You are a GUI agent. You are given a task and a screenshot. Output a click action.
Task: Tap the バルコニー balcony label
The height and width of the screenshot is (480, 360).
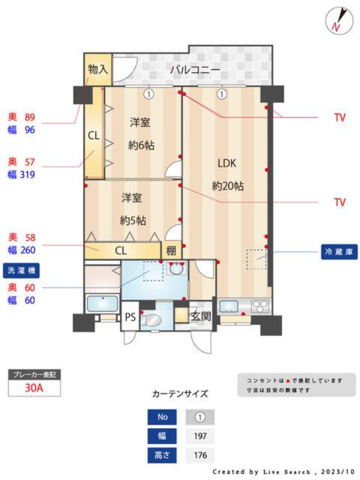click(194, 70)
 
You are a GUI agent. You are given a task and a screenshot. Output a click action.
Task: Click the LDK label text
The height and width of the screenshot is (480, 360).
click(227, 163)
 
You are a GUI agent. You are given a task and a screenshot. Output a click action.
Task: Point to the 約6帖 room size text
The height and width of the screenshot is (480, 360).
click(139, 145)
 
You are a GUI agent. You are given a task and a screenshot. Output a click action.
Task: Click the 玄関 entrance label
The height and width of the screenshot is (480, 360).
click(200, 316)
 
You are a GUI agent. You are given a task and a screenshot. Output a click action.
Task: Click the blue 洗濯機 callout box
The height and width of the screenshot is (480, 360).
click(21, 271)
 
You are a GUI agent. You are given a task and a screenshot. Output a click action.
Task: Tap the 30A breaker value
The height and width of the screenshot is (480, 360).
click(34, 388)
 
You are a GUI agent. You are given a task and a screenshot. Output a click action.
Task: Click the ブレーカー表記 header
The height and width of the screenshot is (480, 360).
click(34, 375)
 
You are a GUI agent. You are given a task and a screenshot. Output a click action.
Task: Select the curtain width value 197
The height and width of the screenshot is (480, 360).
click(200, 436)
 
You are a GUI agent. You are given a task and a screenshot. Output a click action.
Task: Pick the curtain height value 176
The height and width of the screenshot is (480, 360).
click(200, 455)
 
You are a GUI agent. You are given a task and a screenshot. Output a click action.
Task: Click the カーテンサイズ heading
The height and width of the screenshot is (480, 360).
click(180, 394)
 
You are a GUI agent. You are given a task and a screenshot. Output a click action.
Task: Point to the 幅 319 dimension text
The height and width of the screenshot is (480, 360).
click(22, 175)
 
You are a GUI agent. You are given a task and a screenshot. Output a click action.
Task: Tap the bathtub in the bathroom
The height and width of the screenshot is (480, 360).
click(101, 304)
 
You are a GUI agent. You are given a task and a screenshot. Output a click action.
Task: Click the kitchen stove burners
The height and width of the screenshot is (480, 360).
click(260, 307)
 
